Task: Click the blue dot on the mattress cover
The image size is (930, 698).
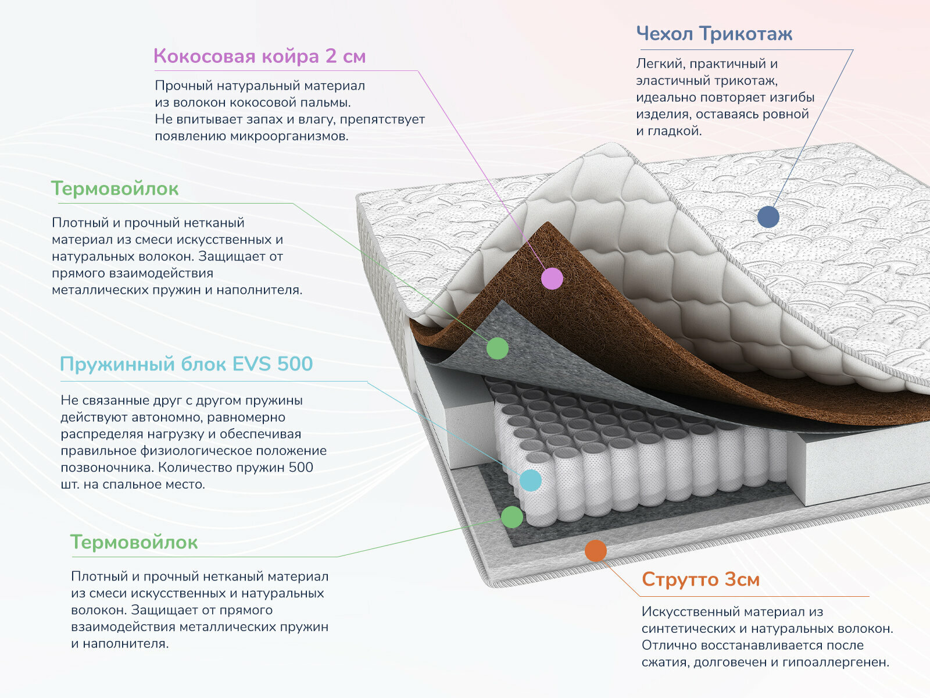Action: click(x=768, y=217)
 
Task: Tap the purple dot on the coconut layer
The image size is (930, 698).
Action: click(x=552, y=279)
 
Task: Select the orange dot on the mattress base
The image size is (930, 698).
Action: click(x=595, y=550)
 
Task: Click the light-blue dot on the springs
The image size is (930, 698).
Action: click(x=530, y=480)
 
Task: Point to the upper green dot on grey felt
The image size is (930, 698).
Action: click(x=497, y=348)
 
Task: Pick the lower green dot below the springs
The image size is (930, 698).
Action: click(x=512, y=517)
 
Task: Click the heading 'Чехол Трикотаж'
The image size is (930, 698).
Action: click(x=714, y=34)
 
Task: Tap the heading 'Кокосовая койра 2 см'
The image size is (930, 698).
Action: click(x=259, y=56)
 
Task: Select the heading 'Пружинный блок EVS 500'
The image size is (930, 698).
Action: click(x=186, y=364)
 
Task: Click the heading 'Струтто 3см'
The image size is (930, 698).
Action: click(x=700, y=579)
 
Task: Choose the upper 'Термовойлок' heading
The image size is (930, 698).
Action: click(x=115, y=188)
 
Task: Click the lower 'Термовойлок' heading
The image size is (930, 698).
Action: click(x=134, y=542)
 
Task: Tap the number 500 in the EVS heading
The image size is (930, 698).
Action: click(x=295, y=364)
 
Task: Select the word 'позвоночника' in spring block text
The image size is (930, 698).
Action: click(x=107, y=468)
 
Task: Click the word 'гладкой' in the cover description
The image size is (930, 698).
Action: click(x=677, y=131)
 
